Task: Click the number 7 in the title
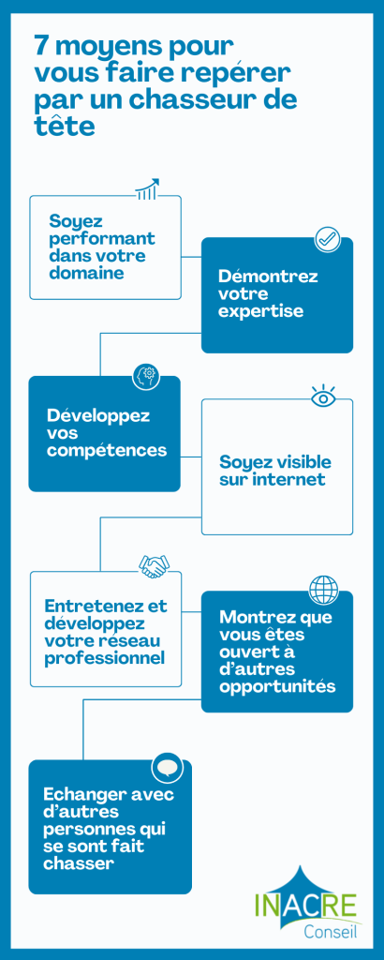tap(42, 47)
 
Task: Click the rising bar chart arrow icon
tap(147, 189)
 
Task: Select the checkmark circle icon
tap(328, 239)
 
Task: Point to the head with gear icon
tap(146, 376)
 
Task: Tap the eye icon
tap(322, 397)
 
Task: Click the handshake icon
tap(155, 566)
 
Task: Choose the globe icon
tap(323, 590)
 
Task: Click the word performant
tap(102, 237)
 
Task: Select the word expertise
tap(261, 310)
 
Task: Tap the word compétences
tap(107, 450)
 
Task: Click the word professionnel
tap(105, 658)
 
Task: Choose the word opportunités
tap(277, 687)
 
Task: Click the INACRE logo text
tap(305, 907)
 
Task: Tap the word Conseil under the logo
tap(331, 932)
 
